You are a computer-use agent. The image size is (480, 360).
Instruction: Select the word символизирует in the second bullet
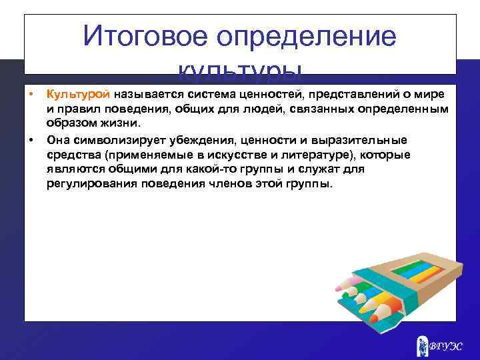point(107,139)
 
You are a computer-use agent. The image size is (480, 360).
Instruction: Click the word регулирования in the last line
point(85,183)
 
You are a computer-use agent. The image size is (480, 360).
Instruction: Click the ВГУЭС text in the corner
point(445,346)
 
